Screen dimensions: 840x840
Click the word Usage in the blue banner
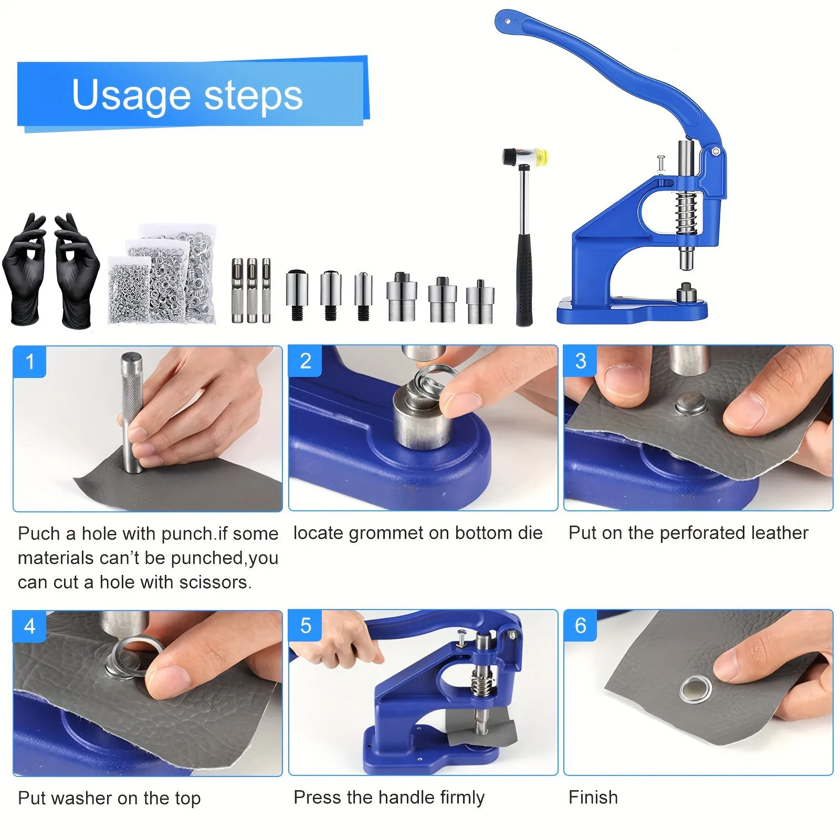[x=131, y=96]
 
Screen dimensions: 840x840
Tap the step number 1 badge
[x=30, y=361]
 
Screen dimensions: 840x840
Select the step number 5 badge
[x=305, y=625]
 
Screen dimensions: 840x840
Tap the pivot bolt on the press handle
[x=715, y=152]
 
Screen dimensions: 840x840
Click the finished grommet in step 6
[x=695, y=689]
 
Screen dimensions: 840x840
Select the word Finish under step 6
[x=593, y=797]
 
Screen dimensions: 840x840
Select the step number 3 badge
[x=580, y=361]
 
